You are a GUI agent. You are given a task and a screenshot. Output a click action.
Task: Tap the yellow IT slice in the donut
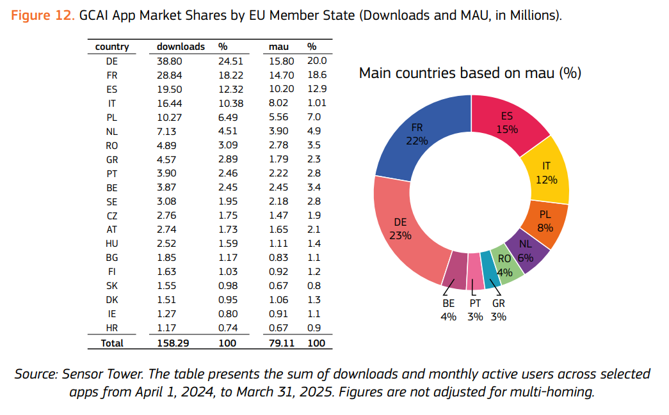[546, 173]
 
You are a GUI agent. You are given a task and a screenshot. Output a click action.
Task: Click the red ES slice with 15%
[507, 123]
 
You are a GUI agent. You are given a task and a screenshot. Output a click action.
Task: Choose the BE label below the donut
[448, 304]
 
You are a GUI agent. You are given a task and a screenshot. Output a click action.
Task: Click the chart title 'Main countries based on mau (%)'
[470, 73]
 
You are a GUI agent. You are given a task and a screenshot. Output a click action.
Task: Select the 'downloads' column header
[181, 47]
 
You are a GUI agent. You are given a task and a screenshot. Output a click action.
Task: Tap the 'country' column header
[112, 47]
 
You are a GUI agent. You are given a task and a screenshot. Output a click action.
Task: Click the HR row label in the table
[112, 328]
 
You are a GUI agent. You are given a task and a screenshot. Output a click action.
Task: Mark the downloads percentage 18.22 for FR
[228, 75]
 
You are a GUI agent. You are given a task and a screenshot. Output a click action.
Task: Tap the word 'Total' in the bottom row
[112, 343]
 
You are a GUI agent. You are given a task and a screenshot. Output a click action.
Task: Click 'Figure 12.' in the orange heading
[43, 15]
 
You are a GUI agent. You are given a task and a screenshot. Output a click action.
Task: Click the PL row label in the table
[112, 117]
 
